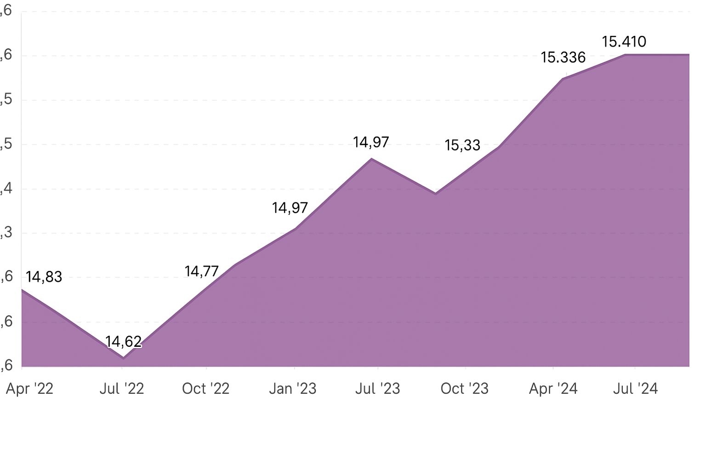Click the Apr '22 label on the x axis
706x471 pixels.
tap(29, 389)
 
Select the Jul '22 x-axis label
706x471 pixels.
tap(122, 389)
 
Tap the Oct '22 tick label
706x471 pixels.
tap(205, 389)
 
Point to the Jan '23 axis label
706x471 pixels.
tap(293, 389)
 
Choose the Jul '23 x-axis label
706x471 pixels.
tap(377, 389)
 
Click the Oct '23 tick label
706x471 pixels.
tap(464, 389)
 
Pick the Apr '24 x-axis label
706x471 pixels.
tap(553, 389)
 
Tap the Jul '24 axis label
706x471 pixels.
tap(635, 389)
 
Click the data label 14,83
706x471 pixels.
tap(44, 277)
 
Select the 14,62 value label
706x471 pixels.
tap(123, 342)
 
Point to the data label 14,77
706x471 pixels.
tap(201, 271)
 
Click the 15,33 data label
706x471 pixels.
tap(462, 145)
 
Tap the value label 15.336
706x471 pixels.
tap(563, 57)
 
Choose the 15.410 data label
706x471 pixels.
tap(624, 42)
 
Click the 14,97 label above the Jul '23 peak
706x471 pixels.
tap(371, 143)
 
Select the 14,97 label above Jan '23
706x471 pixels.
tap(290, 208)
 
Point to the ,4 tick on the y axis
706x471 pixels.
tap(6, 189)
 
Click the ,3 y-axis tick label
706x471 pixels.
tap(6, 233)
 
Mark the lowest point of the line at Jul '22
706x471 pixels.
tap(123, 357)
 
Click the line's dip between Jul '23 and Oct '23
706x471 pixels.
tap(435, 194)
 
